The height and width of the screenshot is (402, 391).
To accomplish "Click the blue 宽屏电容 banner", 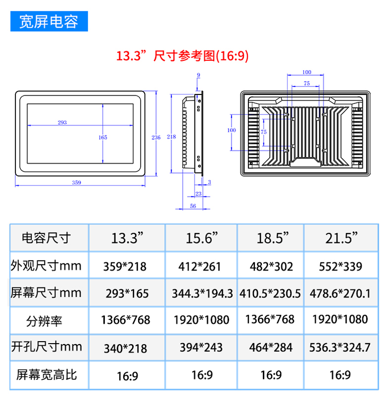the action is click(x=49, y=21).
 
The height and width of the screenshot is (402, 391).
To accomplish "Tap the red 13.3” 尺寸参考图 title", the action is click(x=183, y=56).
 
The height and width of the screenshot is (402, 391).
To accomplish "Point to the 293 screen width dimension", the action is click(x=62, y=122).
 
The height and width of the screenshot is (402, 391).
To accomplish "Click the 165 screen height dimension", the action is click(x=102, y=137).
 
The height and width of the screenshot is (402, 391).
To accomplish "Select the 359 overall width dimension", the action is click(x=76, y=182).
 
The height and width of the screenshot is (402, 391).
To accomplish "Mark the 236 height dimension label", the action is click(x=156, y=137).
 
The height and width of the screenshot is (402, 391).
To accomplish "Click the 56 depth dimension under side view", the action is click(x=193, y=206).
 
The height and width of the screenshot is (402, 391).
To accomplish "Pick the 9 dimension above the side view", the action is click(x=198, y=75).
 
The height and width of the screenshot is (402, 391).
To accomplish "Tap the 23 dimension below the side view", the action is click(x=198, y=193).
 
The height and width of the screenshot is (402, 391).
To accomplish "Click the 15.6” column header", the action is click(x=201, y=238).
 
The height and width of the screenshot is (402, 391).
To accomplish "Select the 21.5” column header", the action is click(x=341, y=238).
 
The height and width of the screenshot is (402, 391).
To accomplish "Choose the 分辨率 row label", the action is click(x=44, y=321).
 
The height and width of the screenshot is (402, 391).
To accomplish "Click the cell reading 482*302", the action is click(x=271, y=267).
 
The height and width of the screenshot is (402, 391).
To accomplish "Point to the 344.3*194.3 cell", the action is click(x=202, y=294).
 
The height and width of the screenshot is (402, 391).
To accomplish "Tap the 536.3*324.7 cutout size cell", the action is click(x=340, y=348).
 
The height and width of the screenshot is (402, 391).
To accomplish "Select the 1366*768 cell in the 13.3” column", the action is click(x=125, y=320).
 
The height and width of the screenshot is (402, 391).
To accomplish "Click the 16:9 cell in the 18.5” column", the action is click(x=271, y=375).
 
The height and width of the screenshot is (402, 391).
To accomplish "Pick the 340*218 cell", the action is click(x=125, y=349).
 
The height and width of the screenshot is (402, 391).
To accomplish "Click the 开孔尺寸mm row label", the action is click(x=47, y=347).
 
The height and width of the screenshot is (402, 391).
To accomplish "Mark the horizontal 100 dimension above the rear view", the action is click(x=306, y=72).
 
